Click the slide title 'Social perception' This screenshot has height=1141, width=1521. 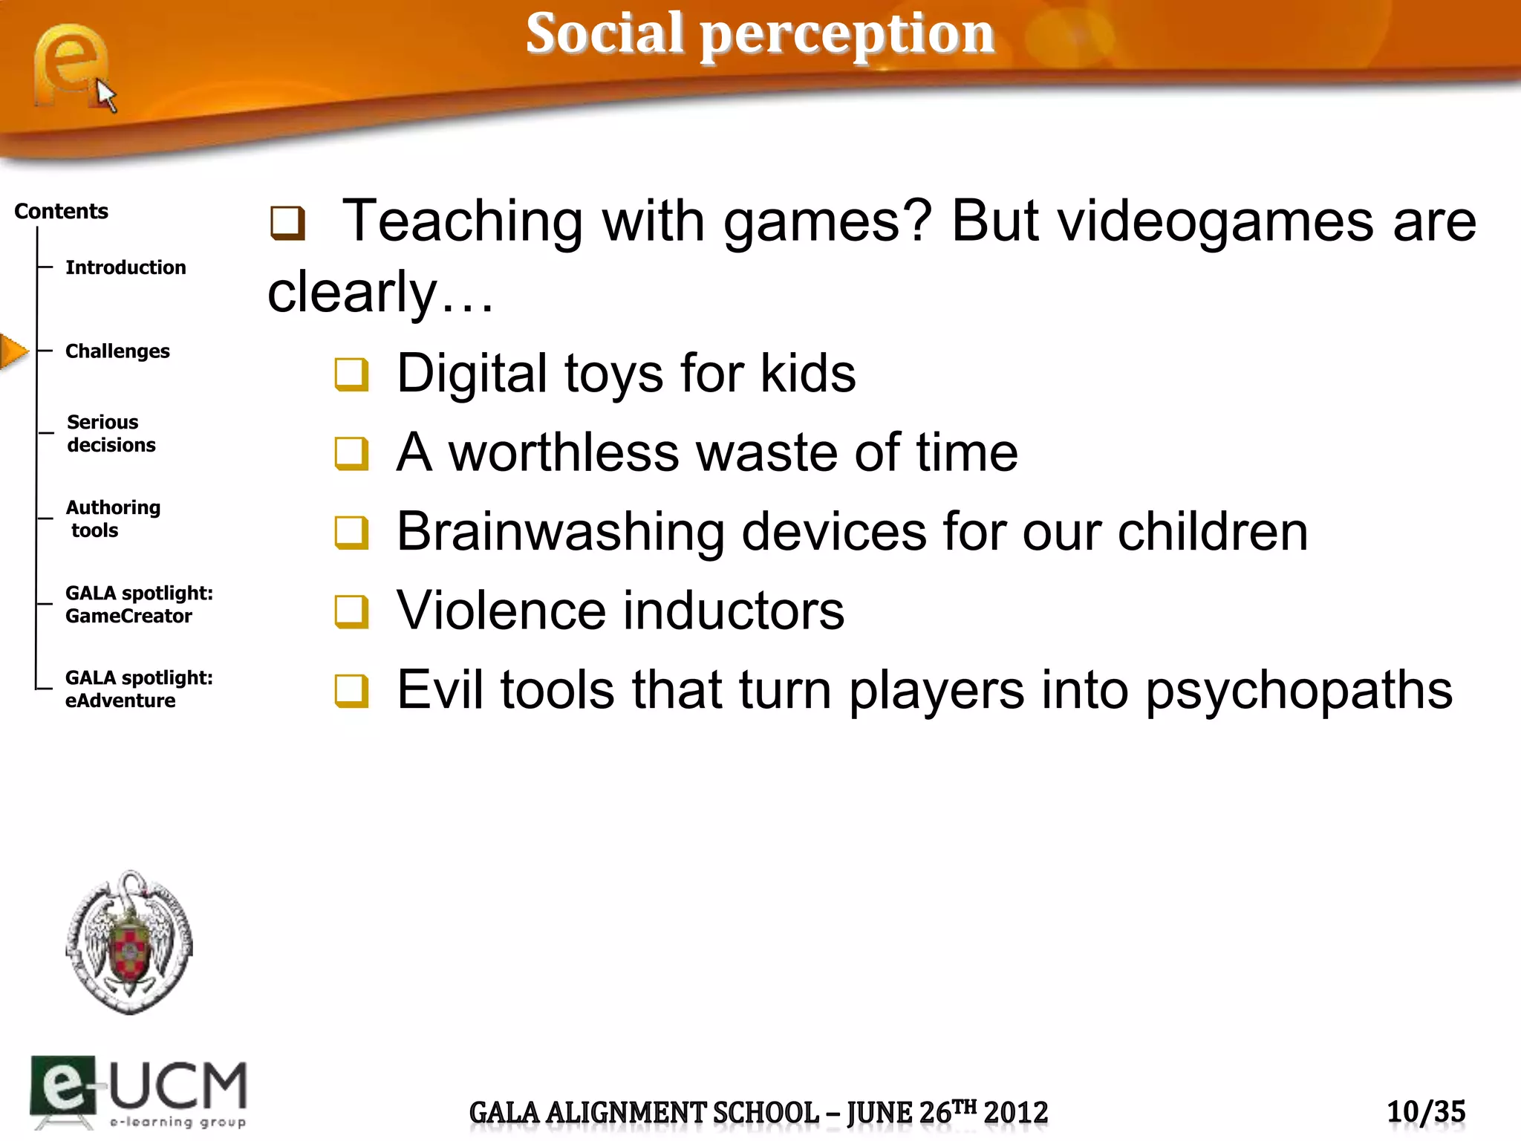[760, 34]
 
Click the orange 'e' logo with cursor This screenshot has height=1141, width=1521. [73, 67]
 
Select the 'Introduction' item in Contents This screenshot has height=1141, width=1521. [126, 267]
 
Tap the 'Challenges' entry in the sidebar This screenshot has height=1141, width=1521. [117, 351]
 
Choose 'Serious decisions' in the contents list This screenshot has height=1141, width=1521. [111, 433]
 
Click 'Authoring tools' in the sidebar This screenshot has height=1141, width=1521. [113, 519]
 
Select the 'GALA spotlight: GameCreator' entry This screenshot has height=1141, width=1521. [139, 604]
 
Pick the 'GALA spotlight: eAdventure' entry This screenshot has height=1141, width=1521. [139, 689]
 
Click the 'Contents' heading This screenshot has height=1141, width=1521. [61, 212]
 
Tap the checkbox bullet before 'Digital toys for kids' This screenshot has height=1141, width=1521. [351, 374]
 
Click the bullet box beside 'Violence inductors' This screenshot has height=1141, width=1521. [351, 611]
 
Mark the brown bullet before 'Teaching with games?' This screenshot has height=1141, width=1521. [287, 223]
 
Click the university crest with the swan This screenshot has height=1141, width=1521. [129, 942]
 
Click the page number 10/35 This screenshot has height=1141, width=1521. [1426, 1112]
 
